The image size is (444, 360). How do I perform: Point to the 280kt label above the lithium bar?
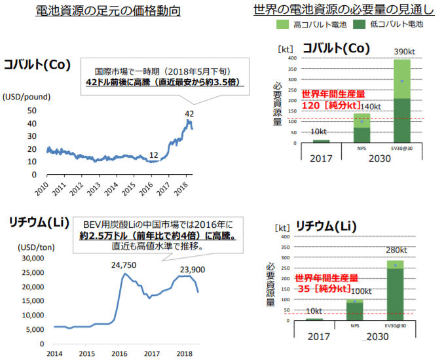[395, 251]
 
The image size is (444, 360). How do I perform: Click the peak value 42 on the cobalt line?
[189, 114]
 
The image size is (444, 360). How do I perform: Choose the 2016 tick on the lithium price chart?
[119, 353]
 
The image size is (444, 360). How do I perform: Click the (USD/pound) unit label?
[26, 96]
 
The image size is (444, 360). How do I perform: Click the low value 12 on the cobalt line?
[154, 154]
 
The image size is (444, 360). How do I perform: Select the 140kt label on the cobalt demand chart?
[371, 107]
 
